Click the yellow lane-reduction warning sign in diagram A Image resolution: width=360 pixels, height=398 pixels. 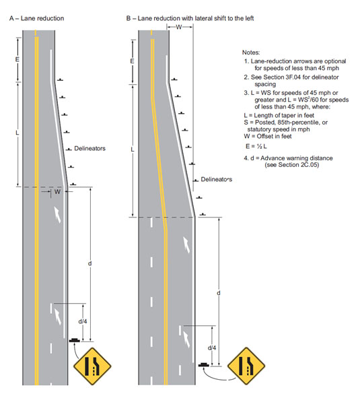(92, 366)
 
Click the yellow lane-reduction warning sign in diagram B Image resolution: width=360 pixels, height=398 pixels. (246, 366)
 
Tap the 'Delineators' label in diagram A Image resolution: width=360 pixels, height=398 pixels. (89, 148)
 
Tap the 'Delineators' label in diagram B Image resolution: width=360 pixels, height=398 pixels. (217, 179)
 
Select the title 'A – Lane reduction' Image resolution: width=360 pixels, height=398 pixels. (36, 18)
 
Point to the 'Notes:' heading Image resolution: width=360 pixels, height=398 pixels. (251, 53)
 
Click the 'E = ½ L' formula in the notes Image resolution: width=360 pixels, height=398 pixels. (256, 146)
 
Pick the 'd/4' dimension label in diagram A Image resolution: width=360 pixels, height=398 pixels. (83, 322)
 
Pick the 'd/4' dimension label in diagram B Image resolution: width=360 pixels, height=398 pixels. (212, 347)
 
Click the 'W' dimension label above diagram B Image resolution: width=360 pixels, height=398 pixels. (179, 27)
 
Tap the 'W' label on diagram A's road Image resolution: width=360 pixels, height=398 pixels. (58, 192)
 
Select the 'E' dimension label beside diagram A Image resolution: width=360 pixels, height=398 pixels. (17, 59)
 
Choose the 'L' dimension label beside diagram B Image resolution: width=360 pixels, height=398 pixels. (132, 150)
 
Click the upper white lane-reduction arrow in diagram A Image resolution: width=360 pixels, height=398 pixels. (58, 214)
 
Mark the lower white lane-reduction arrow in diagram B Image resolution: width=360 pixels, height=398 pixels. (186, 339)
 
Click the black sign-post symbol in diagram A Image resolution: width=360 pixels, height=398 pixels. (74, 340)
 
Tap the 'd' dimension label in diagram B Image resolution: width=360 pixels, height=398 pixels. (219, 293)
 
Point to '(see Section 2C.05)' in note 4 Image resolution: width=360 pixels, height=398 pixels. (292, 165)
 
